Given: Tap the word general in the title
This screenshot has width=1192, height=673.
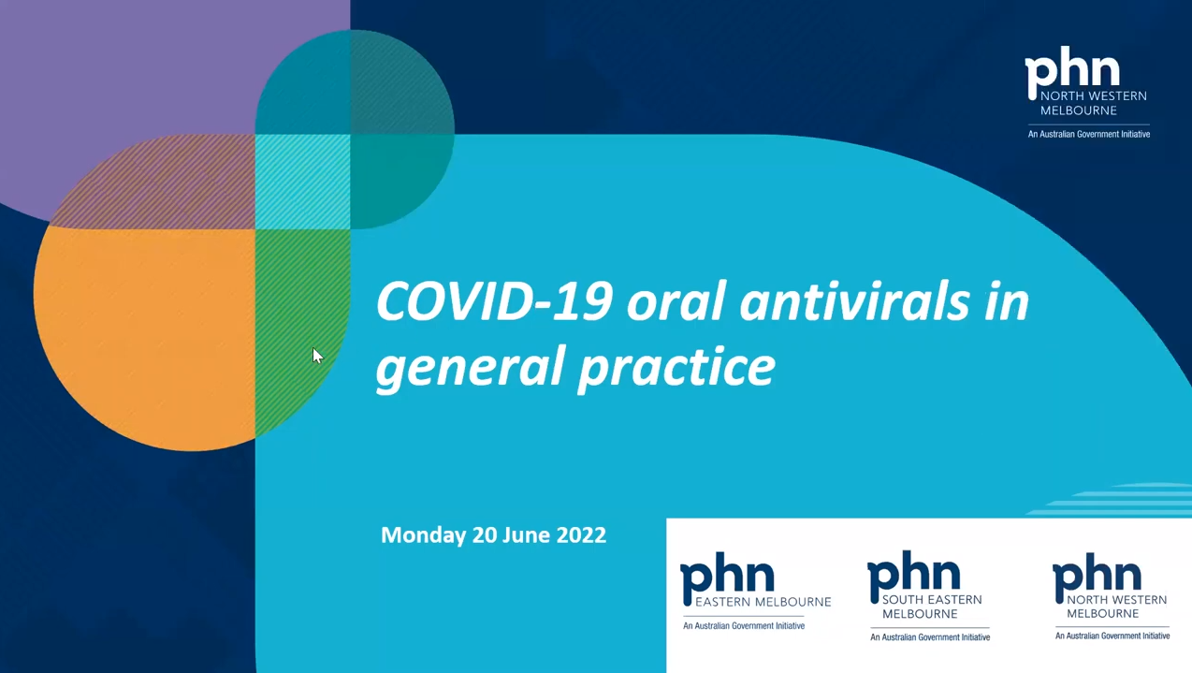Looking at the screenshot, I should [x=468, y=367].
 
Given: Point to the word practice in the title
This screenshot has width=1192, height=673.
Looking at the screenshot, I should [x=676, y=367].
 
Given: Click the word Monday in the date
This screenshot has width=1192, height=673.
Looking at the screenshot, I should [x=423, y=535].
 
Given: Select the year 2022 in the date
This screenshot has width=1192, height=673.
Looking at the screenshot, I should [x=581, y=535].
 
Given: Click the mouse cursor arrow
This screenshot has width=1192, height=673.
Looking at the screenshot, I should [x=317, y=356].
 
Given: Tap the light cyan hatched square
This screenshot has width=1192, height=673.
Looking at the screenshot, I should [x=302, y=182].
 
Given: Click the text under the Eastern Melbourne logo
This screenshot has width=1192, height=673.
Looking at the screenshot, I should [x=743, y=625].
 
